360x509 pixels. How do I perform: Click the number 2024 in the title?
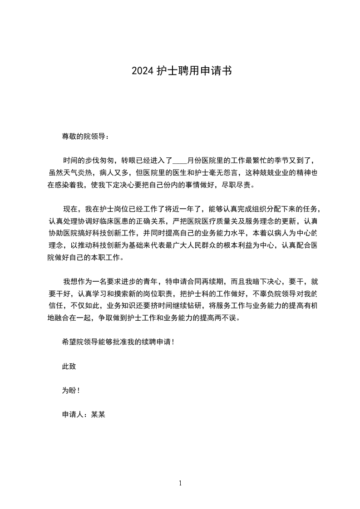142,71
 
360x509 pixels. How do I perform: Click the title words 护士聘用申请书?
194,71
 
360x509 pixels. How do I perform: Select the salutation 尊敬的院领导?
83,136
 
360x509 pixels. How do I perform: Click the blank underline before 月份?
180,161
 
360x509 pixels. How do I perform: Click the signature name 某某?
98,414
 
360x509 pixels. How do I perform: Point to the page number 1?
180,484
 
